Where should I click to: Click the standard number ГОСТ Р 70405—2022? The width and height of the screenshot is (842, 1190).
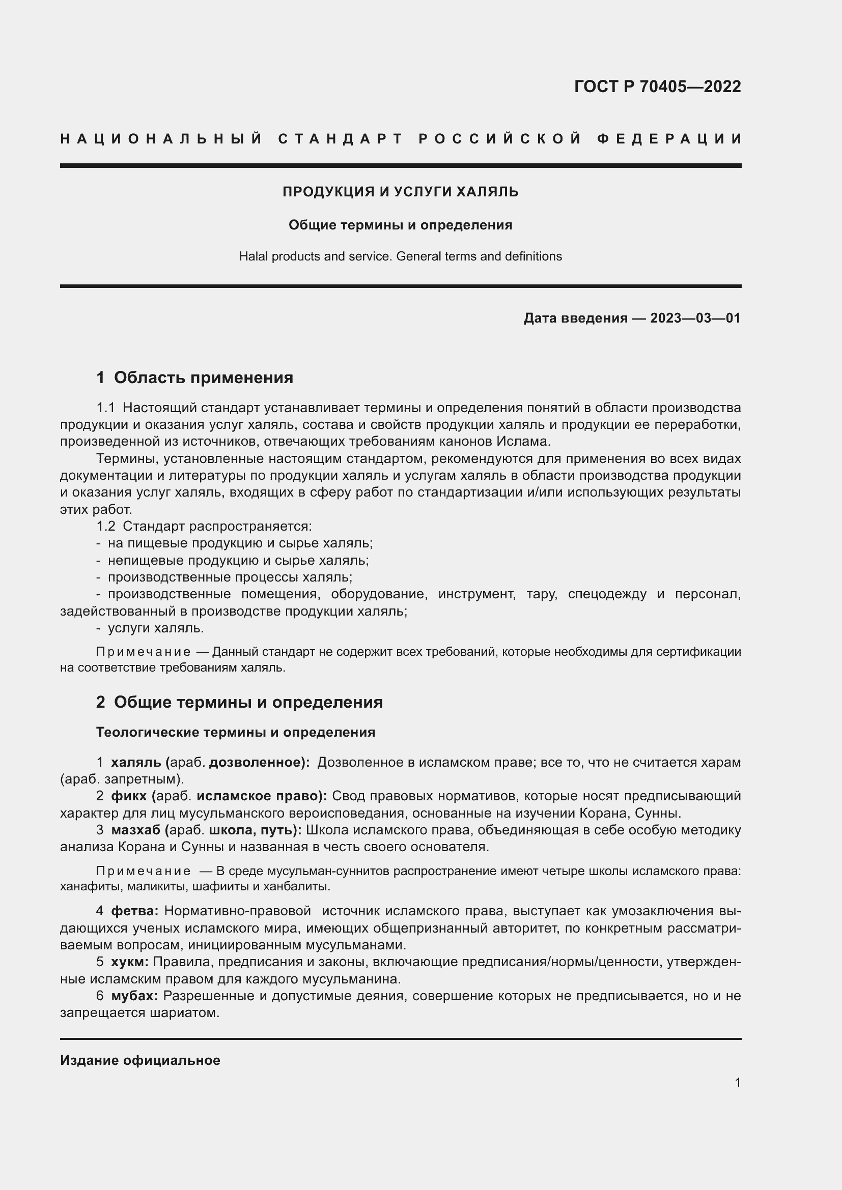tap(657, 86)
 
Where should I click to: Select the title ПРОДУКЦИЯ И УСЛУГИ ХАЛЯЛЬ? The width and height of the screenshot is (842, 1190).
tap(400, 192)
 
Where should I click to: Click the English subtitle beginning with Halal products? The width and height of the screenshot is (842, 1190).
tap(400, 256)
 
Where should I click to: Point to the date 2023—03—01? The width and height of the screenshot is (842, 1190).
tap(695, 317)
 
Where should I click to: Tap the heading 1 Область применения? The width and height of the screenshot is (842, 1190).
tap(195, 378)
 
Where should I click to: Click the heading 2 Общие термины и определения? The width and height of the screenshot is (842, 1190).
tap(240, 702)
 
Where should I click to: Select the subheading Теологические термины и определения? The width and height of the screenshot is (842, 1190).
tap(235, 732)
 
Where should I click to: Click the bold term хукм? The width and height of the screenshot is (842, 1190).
tap(130, 962)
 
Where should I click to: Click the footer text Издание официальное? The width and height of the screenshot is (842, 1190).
tap(140, 1060)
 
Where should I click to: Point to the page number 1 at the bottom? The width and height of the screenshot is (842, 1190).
tap(738, 1082)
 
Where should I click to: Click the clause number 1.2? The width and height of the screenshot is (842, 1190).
tap(106, 527)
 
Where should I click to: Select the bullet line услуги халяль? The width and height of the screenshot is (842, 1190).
tap(156, 628)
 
